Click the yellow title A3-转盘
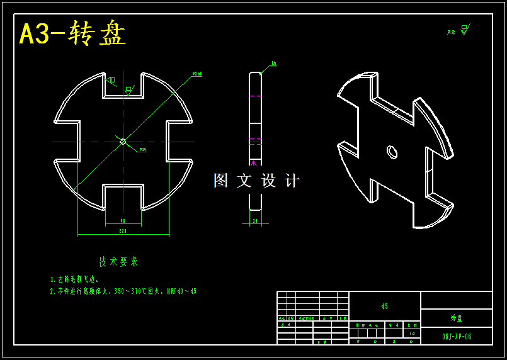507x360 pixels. (x=72, y=34)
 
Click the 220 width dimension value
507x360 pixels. (x=123, y=231)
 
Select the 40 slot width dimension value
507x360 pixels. (x=123, y=220)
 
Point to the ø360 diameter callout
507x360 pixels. (x=197, y=74)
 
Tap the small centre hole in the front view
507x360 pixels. (x=123, y=142)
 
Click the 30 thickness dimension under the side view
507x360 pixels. (x=255, y=221)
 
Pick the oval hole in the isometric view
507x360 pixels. (x=392, y=152)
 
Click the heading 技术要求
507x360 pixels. (x=118, y=261)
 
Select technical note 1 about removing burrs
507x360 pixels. (x=74, y=279)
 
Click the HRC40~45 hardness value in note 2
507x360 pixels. (x=181, y=291)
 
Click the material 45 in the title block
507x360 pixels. (x=384, y=307)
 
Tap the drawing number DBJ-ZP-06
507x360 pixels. (x=457, y=337)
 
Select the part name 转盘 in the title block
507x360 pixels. (x=457, y=318)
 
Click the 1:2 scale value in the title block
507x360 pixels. (x=412, y=334)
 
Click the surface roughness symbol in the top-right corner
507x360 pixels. (x=464, y=30)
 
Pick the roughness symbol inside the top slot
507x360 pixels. (x=128, y=90)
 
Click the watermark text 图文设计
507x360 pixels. (x=256, y=181)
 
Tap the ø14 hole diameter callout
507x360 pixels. (x=142, y=150)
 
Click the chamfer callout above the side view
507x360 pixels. (x=274, y=64)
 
